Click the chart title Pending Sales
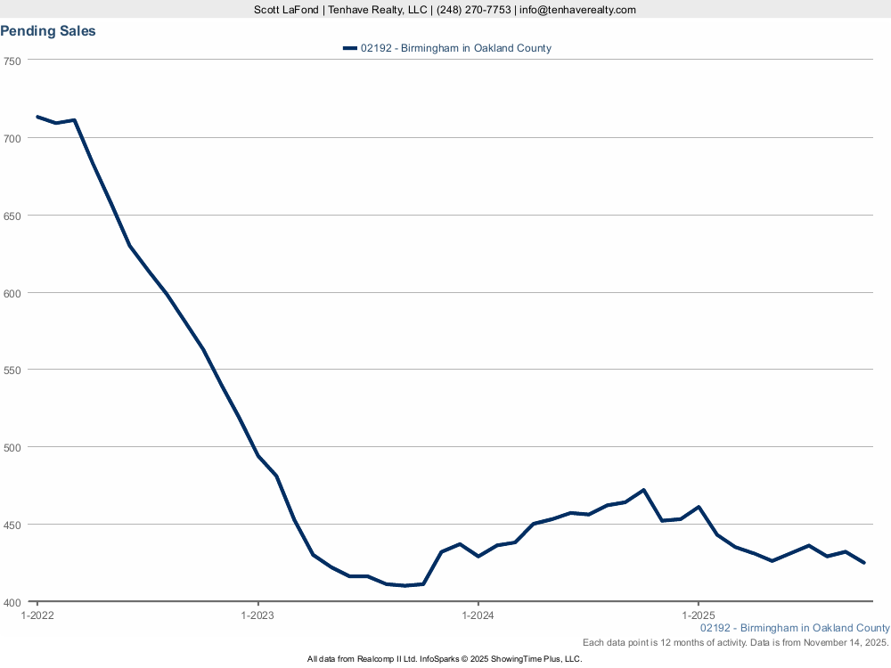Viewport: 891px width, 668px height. click(48, 31)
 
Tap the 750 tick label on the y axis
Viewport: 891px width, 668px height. click(12, 61)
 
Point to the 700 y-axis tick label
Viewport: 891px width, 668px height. click(12, 138)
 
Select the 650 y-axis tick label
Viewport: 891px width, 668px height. click(12, 216)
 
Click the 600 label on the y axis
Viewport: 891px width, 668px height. click(12, 293)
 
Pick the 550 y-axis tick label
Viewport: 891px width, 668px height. click(12, 370)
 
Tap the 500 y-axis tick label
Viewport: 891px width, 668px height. click(12, 447)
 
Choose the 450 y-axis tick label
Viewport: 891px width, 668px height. click(12, 525)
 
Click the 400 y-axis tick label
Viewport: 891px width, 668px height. click(12, 602)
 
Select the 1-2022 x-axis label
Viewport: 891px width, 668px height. click(37, 615)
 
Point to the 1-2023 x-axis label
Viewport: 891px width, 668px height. click(257, 615)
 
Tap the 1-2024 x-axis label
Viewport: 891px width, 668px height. click(478, 615)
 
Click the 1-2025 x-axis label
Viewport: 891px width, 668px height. click(698, 615)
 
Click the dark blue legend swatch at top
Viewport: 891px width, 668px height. click(349, 48)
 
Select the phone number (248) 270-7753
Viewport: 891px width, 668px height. click(474, 10)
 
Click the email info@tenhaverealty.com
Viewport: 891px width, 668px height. click(578, 10)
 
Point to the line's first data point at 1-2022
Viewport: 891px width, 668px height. click(37, 117)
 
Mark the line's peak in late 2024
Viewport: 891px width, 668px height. click(643, 490)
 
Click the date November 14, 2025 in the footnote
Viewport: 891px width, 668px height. click(845, 642)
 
